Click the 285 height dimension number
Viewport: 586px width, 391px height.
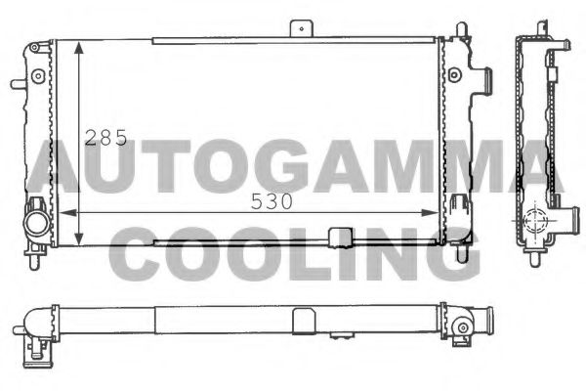click(105, 138)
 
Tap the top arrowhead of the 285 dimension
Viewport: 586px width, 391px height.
click(77, 46)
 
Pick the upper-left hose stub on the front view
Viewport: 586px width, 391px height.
click(18, 83)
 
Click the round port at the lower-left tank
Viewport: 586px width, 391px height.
click(37, 222)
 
